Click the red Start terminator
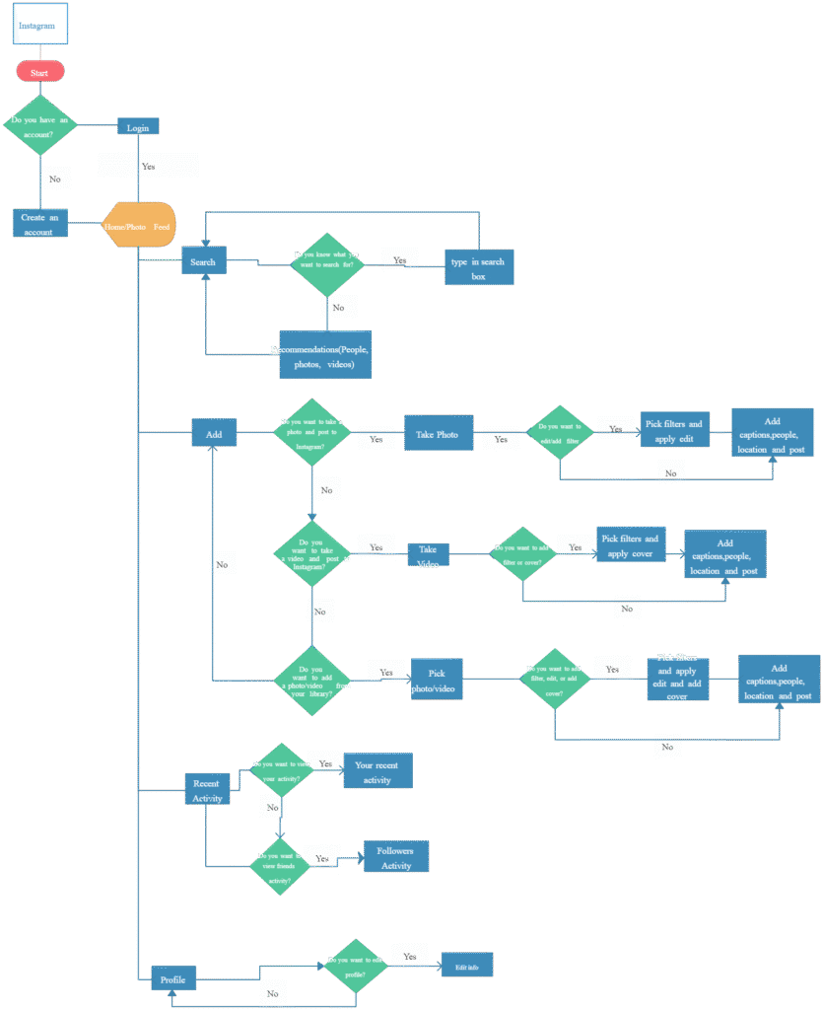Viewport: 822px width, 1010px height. (39, 72)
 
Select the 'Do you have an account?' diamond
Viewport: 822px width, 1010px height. (39, 125)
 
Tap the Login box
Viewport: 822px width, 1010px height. (138, 127)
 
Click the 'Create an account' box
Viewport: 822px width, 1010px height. (40, 223)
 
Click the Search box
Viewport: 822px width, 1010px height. (204, 261)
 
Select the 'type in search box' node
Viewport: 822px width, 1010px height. (479, 267)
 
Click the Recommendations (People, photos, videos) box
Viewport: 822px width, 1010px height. (325, 355)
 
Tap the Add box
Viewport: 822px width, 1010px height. (214, 433)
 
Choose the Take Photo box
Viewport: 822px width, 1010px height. (438, 433)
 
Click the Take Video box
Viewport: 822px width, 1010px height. (428, 555)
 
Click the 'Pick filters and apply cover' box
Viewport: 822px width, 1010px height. (631, 545)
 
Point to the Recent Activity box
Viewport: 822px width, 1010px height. (207, 789)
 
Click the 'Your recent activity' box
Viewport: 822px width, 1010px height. (377, 771)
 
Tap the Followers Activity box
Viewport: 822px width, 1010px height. (396, 857)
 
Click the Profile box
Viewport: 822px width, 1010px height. (172, 979)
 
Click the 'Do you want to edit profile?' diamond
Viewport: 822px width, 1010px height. (356, 966)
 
